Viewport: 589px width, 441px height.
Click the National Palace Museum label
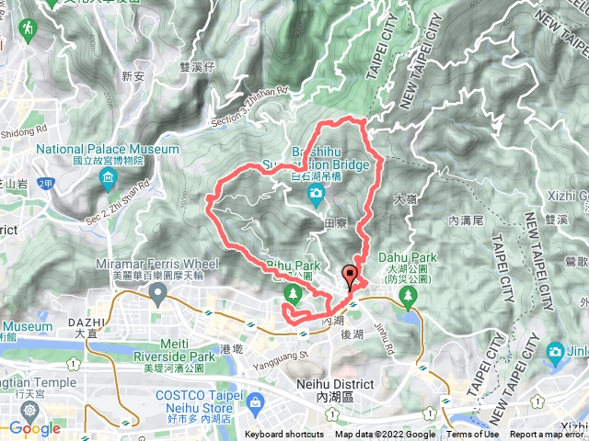(108, 149)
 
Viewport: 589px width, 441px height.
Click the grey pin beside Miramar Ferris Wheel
(157, 295)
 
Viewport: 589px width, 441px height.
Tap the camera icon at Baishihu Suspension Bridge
(316, 193)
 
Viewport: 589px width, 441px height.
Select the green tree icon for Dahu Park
(410, 295)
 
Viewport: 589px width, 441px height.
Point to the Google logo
(34, 428)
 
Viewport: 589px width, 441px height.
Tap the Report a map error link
(548, 435)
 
